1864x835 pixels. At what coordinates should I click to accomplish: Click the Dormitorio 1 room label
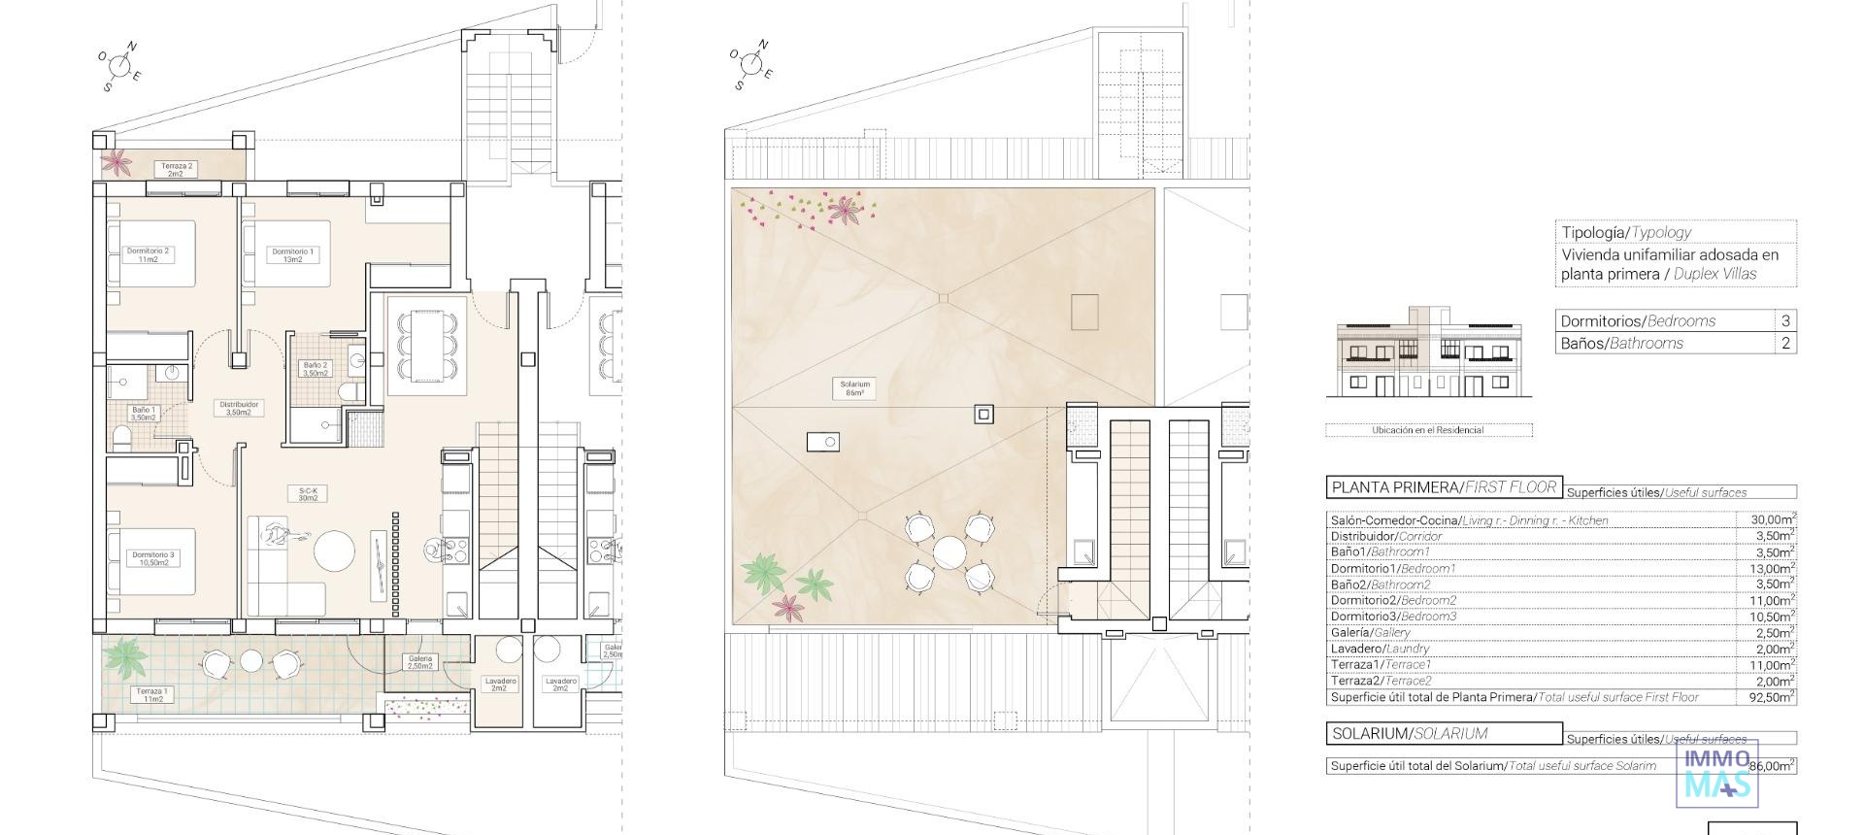pyautogui.click(x=292, y=255)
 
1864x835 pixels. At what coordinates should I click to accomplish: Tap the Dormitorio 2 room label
pyautogui.click(x=148, y=254)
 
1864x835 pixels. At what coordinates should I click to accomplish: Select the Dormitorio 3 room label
pyautogui.click(x=153, y=558)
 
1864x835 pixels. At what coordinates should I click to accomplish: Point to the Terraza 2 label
pyautogui.click(x=176, y=170)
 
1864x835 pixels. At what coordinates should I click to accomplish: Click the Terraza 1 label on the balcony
pyautogui.click(x=152, y=694)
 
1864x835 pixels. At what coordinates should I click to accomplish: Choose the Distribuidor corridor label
pyautogui.click(x=238, y=408)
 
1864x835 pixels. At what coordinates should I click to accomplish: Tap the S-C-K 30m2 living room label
pyautogui.click(x=309, y=494)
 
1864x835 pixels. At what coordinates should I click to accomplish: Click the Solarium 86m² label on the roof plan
pyautogui.click(x=854, y=388)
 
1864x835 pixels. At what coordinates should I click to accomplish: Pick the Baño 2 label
pyautogui.click(x=316, y=369)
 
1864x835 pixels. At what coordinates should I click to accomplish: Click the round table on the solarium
pyautogui.click(x=949, y=553)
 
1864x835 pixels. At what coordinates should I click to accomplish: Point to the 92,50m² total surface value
pyautogui.click(x=1771, y=697)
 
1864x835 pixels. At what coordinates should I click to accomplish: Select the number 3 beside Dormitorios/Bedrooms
pyautogui.click(x=1785, y=320)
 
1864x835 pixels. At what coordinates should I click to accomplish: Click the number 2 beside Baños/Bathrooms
pyautogui.click(x=1785, y=343)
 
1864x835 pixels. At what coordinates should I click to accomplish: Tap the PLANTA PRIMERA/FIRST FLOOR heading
pyautogui.click(x=1444, y=487)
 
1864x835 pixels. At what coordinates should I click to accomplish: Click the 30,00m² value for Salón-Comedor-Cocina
pyautogui.click(x=1771, y=520)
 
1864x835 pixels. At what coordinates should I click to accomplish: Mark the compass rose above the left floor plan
pyautogui.click(x=119, y=66)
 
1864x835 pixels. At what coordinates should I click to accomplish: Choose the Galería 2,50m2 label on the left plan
pyautogui.click(x=419, y=662)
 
